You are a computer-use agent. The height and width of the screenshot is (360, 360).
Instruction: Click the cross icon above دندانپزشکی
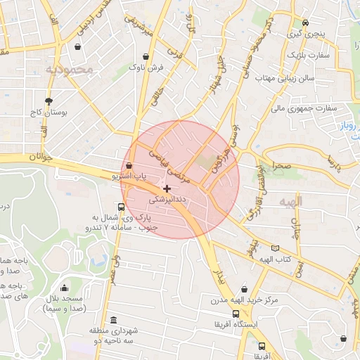[x=167, y=188]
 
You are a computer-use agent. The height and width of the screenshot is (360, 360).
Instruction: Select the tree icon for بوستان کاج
[x=49, y=101]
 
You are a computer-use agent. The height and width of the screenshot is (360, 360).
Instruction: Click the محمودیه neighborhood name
[x=69, y=70]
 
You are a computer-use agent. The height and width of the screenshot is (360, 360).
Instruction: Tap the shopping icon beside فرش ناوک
[x=146, y=56]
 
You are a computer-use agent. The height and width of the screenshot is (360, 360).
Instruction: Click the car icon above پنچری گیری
[x=307, y=22]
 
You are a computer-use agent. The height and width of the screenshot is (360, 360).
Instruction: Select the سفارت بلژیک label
[x=307, y=54]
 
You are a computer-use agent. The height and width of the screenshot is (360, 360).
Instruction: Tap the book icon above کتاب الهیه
[x=275, y=248]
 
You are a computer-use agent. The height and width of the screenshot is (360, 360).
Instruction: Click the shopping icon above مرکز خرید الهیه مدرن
[x=244, y=289]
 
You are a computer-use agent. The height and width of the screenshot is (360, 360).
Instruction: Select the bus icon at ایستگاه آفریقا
[x=236, y=314]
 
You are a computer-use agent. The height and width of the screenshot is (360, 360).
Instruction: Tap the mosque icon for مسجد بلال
[x=65, y=288]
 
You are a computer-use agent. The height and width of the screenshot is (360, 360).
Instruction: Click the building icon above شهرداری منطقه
[x=114, y=320]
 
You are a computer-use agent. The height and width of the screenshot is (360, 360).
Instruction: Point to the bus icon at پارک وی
[x=122, y=207]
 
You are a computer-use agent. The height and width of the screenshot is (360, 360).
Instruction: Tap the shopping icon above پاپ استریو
[x=129, y=165]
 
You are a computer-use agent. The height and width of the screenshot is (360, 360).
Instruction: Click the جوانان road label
[x=41, y=159]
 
